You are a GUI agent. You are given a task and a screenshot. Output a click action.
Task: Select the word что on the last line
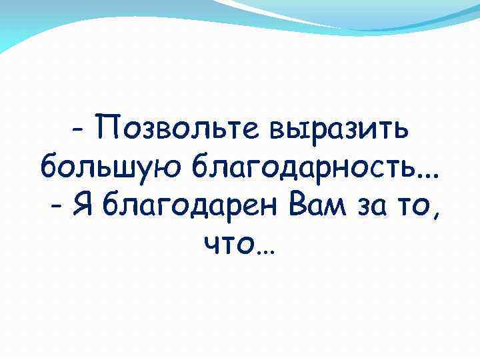point(227,248)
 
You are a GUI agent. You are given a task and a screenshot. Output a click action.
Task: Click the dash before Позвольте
point(78,129)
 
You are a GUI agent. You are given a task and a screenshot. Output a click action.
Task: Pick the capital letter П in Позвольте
point(109,124)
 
